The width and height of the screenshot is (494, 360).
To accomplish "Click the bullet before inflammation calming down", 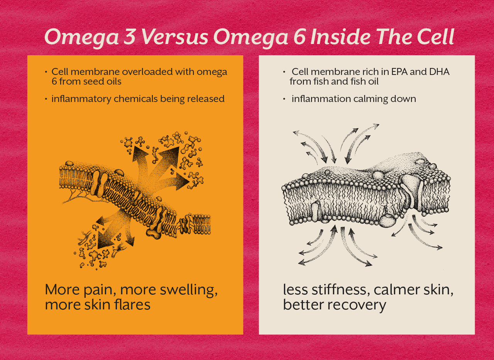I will click(284, 99).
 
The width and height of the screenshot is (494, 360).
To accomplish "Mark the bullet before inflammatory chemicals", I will click(46, 99).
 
